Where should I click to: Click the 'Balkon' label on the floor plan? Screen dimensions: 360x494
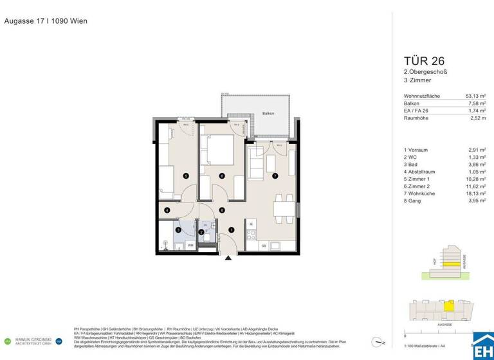[x=268, y=114]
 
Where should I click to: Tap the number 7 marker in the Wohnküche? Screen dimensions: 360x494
[x=275, y=175]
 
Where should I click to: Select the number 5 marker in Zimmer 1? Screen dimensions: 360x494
[x=186, y=175]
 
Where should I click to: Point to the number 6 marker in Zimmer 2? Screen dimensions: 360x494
[x=222, y=175]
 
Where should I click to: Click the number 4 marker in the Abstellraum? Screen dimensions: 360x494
[x=167, y=210]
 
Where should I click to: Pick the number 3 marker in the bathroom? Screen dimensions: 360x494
[x=178, y=230]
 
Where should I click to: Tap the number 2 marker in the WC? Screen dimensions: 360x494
[x=201, y=232]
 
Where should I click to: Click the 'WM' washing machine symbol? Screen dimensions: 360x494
[x=190, y=246]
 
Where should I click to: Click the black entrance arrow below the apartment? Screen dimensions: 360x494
[x=227, y=258]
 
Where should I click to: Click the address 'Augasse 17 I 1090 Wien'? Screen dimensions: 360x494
[x=46, y=21]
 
